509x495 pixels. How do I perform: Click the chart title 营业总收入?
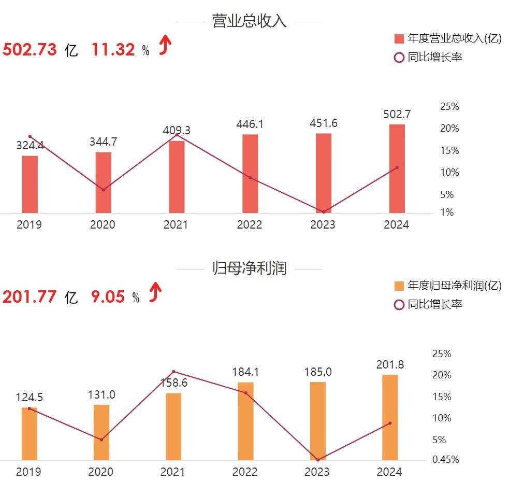pos(249,21)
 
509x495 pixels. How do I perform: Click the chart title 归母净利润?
pos(249,268)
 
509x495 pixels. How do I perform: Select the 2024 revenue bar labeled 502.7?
pos(397,168)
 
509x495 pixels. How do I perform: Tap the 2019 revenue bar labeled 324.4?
pos(30,184)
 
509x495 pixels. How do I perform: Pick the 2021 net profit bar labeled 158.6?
pos(173,427)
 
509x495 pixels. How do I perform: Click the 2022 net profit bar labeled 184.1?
pos(246,421)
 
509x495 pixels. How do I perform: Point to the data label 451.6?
pos(323,123)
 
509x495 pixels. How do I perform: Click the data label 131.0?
pos(101,395)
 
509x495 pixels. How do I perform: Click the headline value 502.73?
pos(30,50)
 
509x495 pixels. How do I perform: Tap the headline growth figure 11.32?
pos(113,50)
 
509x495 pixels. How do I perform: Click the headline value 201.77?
pos(30,297)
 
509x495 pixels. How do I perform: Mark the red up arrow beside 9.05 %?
pos(155,293)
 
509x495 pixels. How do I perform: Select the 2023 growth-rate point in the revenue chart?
pos(324,212)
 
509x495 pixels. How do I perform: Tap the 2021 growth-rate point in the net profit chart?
pos(173,372)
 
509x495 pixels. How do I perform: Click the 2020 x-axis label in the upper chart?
pos(103,225)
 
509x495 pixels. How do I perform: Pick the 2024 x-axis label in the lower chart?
pos(389,472)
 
